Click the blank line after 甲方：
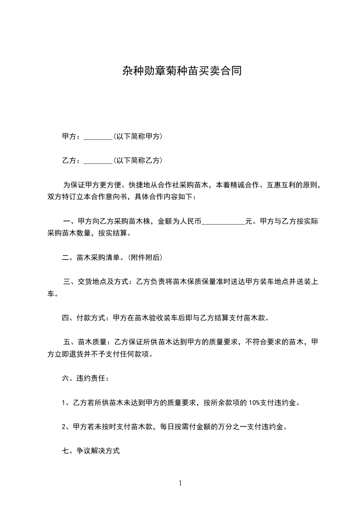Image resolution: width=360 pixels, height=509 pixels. click(98, 137)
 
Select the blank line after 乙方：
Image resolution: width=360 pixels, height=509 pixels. click(98, 161)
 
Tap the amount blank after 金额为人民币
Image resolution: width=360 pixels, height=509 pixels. click(223, 222)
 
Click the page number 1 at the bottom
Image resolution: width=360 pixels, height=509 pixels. click(180, 483)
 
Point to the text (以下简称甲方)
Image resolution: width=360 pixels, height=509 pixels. click(138, 136)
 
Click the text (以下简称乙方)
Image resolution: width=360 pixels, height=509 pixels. click(138, 160)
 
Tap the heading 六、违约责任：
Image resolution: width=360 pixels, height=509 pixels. click(85, 378)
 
